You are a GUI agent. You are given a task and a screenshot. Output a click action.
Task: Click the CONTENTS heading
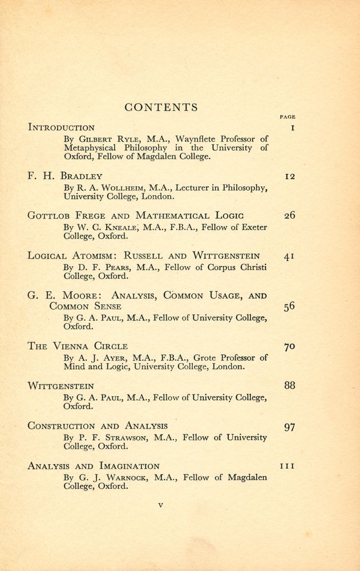(x=161, y=107)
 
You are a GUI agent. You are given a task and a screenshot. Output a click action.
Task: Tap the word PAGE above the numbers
(x=288, y=116)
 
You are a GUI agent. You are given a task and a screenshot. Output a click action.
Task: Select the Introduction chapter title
(x=61, y=127)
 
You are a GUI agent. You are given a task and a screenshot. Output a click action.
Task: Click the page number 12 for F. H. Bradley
(x=289, y=176)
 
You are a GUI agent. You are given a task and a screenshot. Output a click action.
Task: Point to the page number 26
(x=289, y=216)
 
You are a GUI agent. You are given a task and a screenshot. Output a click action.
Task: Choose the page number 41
(x=289, y=256)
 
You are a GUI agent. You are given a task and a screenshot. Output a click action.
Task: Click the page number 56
(x=289, y=306)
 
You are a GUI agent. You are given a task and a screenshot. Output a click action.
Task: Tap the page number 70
(x=289, y=346)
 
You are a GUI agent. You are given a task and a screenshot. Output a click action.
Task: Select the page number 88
(x=289, y=386)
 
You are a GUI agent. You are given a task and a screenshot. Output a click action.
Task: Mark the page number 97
(x=289, y=427)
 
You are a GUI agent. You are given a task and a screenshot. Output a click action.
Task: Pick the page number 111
(x=288, y=467)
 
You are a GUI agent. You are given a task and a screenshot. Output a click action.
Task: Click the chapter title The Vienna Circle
(x=78, y=346)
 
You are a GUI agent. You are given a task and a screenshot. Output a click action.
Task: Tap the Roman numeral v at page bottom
(x=161, y=505)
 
